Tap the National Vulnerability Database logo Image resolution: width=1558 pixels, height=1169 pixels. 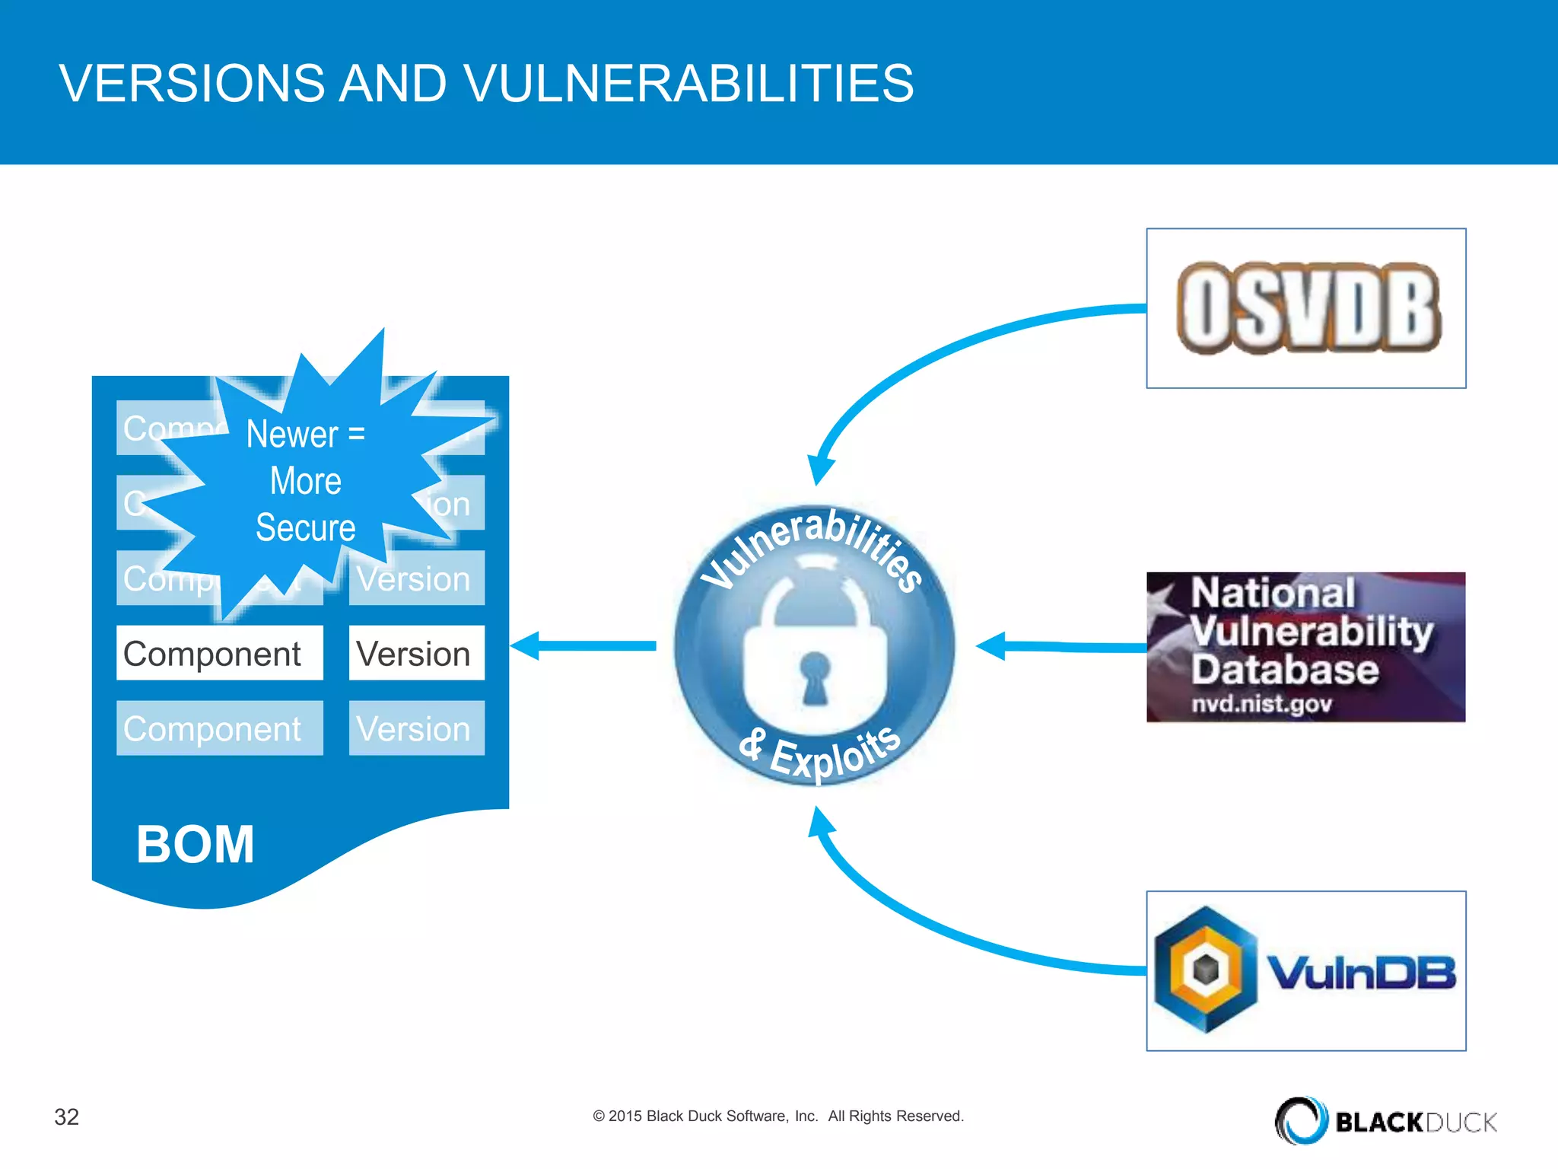coord(1305,647)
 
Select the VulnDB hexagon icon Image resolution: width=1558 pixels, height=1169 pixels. coord(1205,969)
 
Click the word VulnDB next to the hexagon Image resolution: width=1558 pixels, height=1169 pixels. coord(1361,972)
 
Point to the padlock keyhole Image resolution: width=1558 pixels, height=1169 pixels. coord(815,676)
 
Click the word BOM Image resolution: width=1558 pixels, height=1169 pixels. coord(196,845)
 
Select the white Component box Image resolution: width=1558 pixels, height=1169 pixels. coord(219,653)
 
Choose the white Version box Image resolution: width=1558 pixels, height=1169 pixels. coord(416,653)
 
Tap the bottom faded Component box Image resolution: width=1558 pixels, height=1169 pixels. coord(219,728)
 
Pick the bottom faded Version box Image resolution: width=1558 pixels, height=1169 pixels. coord(416,728)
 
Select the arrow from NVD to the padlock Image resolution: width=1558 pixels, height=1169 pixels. coord(1061,647)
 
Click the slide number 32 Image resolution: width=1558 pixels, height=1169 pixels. coord(67,1116)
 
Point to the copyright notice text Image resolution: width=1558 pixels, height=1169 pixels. coord(778,1116)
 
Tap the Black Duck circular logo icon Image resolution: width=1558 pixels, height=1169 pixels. coord(1300,1120)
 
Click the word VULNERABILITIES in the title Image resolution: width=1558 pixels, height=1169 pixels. coord(688,83)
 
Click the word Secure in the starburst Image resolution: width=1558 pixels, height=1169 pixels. coord(305,527)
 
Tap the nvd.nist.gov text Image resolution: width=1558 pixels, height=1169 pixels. coord(1261,703)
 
